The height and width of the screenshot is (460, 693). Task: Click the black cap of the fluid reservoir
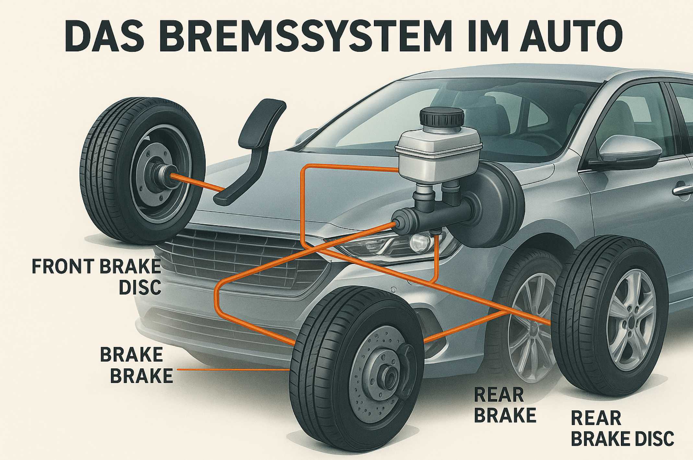(441, 118)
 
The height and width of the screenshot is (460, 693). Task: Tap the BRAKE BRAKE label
(136, 365)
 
